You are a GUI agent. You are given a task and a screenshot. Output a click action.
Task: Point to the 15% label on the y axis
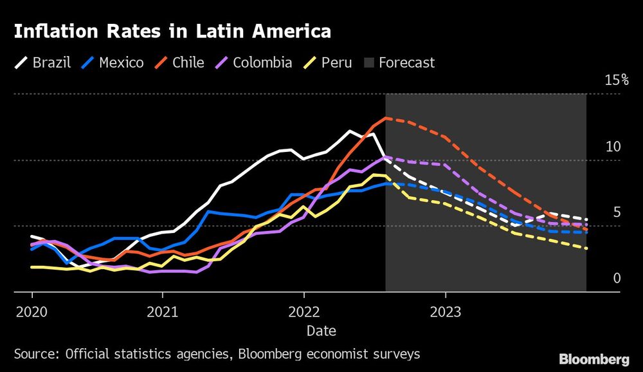coord(616,80)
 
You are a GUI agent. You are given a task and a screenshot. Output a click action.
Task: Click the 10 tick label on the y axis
coord(613,147)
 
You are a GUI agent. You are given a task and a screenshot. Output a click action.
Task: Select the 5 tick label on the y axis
coord(617,212)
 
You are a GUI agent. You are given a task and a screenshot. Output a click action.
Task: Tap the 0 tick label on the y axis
coord(617,278)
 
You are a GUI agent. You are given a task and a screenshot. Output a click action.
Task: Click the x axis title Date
coord(321,330)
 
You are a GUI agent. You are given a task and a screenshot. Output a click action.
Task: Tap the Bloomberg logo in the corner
coord(593,358)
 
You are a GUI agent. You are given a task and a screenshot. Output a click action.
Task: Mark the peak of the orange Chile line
coord(385,118)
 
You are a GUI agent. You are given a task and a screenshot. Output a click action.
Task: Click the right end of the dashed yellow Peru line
coord(586,248)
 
